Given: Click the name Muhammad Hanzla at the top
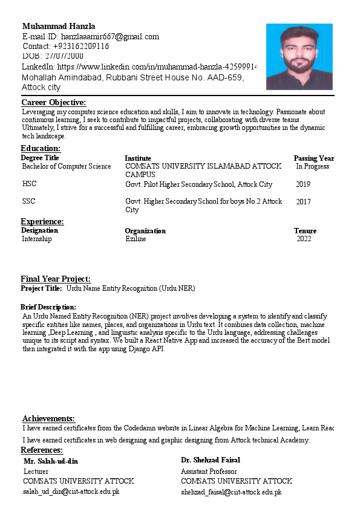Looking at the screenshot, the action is [59, 27].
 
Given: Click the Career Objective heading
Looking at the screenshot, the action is [54, 103].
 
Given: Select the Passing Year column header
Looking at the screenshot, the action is [313, 158].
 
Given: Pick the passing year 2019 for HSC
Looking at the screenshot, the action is [303, 184].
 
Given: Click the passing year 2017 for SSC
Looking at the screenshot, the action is [303, 202].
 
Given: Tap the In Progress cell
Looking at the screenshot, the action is [312, 166].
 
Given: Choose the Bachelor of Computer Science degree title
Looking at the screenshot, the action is [67, 166].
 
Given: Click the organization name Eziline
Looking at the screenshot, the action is [136, 239].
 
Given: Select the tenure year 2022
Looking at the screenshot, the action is [304, 239].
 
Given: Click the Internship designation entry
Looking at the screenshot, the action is [37, 239].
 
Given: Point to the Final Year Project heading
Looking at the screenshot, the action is [56, 279].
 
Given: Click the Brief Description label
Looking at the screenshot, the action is [48, 307].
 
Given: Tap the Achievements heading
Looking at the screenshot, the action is [48, 418].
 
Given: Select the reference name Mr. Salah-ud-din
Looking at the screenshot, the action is [51, 461].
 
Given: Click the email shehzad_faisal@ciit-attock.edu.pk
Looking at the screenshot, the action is [231, 492].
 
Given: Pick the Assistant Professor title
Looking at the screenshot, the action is [209, 472].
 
